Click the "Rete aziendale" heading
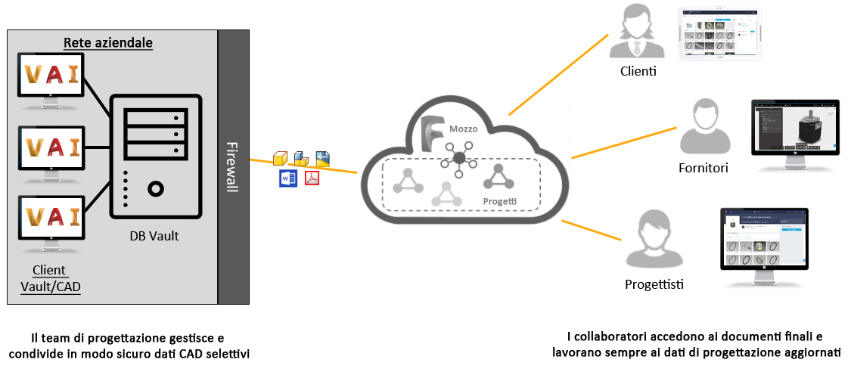point(108,42)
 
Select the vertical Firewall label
point(231,167)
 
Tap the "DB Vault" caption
point(154,235)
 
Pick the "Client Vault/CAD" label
point(51,278)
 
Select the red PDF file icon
point(312,178)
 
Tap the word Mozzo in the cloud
point(462,129)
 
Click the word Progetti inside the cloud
point(500,201)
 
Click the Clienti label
point(637,73)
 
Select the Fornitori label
point(703,168)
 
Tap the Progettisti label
point(654,284)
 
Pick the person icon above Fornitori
point(703,128)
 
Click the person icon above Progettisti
point(654,242)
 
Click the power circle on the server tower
point(156,189)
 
